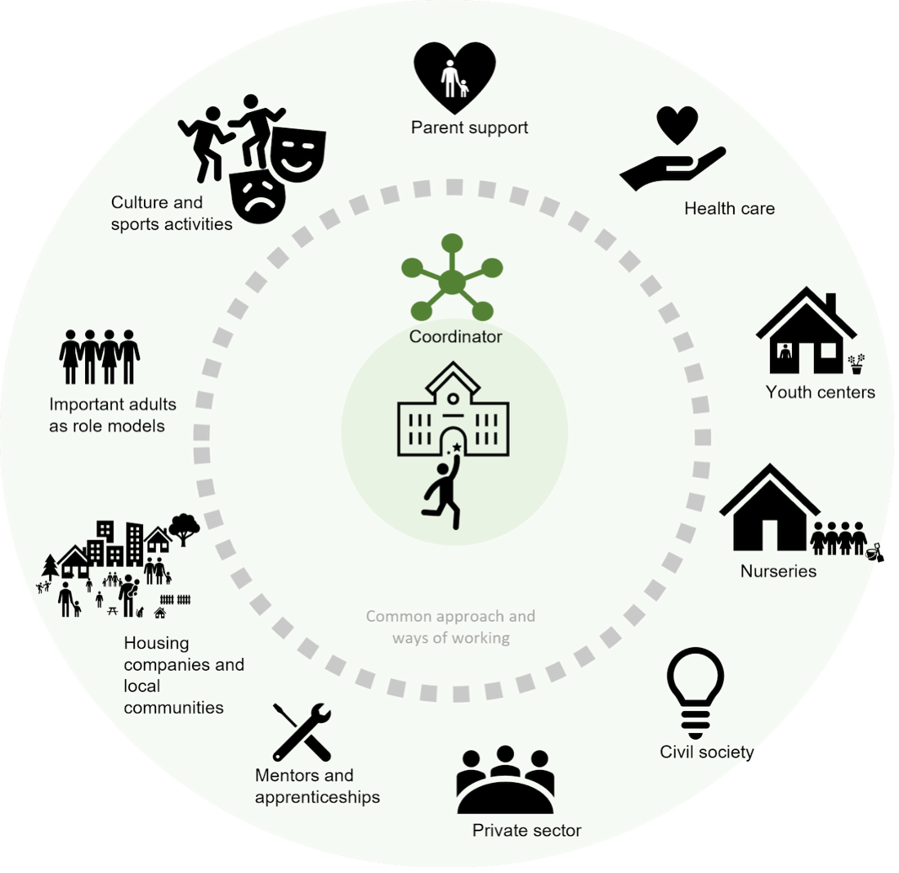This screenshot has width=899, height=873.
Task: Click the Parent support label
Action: point(469,128)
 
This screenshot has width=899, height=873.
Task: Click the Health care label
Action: point(729,209)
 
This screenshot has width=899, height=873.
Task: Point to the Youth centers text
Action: point(820,392)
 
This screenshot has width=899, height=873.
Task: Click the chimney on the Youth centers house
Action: point(830,304)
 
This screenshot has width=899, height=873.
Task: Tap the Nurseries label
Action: point(778,571)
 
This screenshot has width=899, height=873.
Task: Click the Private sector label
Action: point(526,830)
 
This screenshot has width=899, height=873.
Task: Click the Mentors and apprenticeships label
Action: point(317,786)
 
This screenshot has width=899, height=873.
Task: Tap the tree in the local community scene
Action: point(185,528)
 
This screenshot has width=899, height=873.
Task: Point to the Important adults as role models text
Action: point(112,415)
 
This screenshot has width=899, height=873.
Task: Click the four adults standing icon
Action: point(100,357)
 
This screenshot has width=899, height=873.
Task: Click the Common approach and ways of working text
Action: point(450,627)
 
